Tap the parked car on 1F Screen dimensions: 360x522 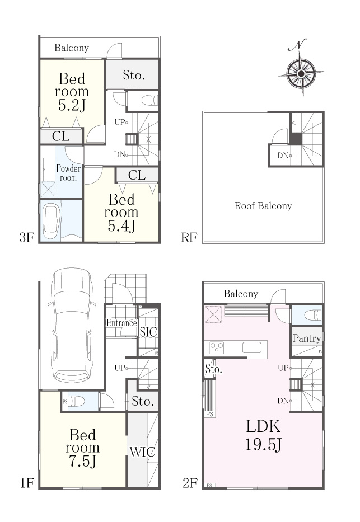pyautogui.click(x=72, y=325)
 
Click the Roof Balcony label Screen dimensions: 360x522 pyautogui.click(x=263, y=206)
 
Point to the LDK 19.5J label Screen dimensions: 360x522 pyautogui.click(x=263, y=435)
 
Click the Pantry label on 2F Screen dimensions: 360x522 pyautogui.click(x=307, y=338)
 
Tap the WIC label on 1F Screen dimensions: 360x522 pyautogui.click(x=142, y=452)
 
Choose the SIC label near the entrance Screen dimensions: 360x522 pyautogui.click(x=148, y=332)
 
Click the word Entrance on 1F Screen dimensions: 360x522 pyautogui.click(x=121, y=323)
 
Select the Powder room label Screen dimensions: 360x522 pyautogui.click(x=68, y=173)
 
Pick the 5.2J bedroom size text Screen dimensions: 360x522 pyautogui.click(x=72, y=105)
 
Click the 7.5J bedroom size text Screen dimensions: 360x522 pyautogui.click(x=83, y=462)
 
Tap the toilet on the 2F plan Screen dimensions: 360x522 pyautogui.click(x=313, y=315)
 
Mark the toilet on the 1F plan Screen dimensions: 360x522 pyautogui.click(x=76, y=401)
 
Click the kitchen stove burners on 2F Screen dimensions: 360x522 pyautogui.click(x=217, y=348)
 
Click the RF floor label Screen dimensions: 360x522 pyautogui.click(x=189, y=238)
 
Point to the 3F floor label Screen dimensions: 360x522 pyautogui.click(x=27, y=238)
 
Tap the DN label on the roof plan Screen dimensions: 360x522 pyautogui.click(x=283, y=155)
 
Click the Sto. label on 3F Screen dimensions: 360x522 pyautogui.click(x=134, y=75)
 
